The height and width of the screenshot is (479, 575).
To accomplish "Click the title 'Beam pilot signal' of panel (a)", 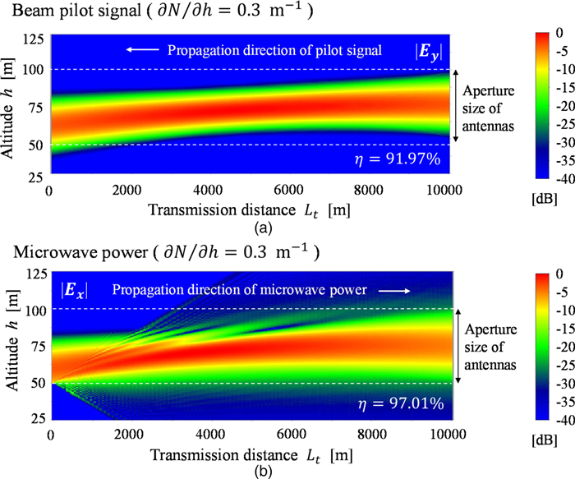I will tap(51, 10).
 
